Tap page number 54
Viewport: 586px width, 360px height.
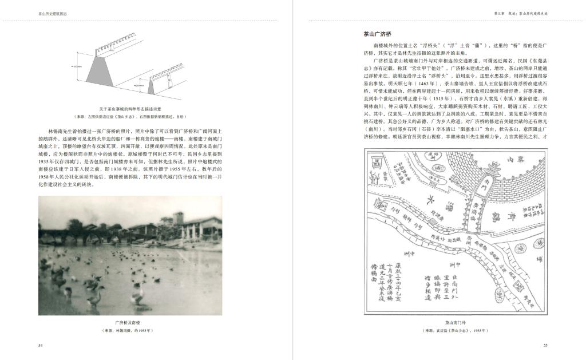click(41, 345)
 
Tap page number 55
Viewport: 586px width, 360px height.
click(545, 345)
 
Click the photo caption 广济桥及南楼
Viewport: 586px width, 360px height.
click(130, 322)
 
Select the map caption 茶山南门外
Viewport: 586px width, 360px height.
click(456, 323)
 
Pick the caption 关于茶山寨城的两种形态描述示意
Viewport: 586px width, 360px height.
click(130, 108)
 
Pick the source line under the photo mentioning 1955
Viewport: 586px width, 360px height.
click(130, 331)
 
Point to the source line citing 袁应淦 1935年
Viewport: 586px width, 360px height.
click(456, 331)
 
